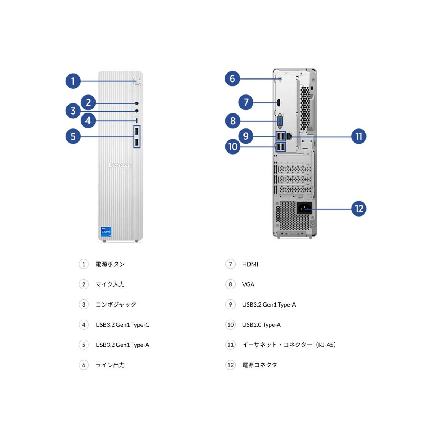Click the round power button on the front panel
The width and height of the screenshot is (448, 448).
pos(137,81)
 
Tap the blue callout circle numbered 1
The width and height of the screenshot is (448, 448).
pos(73,81)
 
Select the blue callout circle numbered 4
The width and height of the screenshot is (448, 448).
pos(88,121)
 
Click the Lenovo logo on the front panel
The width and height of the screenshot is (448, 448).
pos(120,165)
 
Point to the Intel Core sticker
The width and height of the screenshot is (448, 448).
pos(106,231)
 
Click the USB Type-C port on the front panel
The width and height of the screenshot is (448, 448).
pos(137,121)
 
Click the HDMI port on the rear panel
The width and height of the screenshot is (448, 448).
pos(278,103)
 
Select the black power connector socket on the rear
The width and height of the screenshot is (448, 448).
pos(304,208)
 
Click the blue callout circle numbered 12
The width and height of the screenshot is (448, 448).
pos(358,209)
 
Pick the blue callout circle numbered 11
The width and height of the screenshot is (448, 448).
pos(358,136)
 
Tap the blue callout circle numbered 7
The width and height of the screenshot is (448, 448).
pos(246,102)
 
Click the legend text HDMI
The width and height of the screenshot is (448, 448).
pos(250,264)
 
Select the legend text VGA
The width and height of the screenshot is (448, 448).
pos(248,284)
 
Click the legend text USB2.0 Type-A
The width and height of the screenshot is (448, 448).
pos(261,324)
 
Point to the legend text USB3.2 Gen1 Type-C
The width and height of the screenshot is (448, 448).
pos(122,324)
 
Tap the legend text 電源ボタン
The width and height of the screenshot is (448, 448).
pos(110,264)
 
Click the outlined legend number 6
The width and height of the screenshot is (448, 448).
pos(84,365)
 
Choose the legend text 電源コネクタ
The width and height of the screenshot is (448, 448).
pos(259,365)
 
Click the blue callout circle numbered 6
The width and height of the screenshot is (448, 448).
pos(233,78)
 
